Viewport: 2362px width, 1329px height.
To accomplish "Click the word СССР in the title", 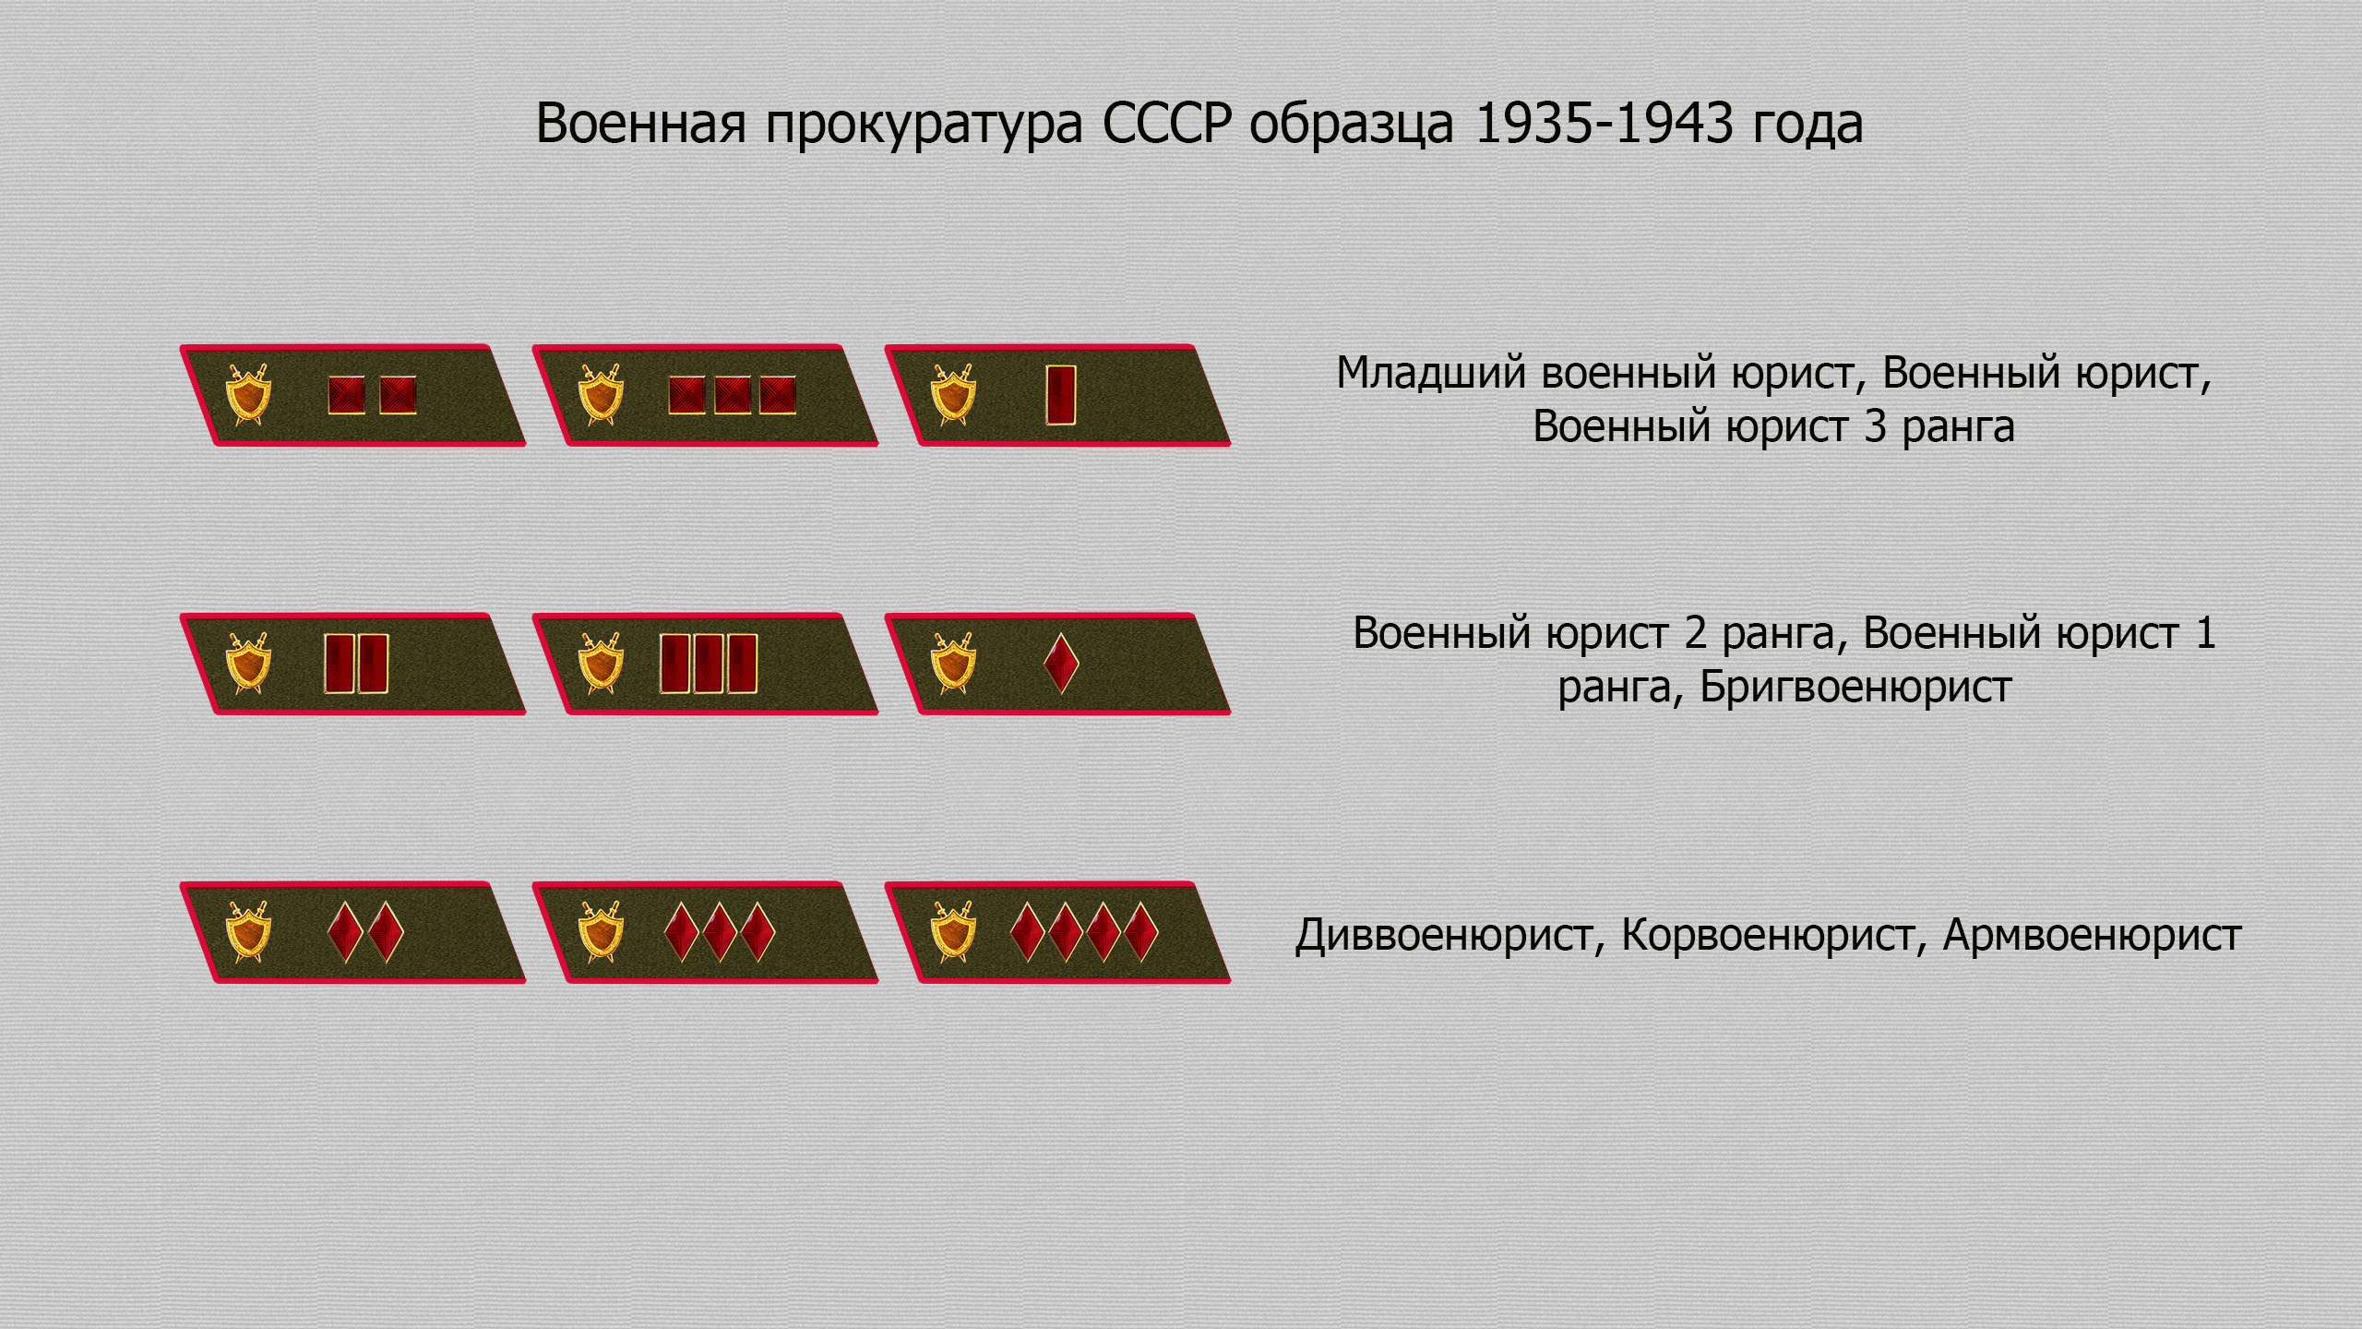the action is [1167, 123].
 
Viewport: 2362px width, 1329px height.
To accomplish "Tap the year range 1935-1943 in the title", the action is [1604, 123].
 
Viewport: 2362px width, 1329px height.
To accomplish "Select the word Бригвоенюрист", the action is [1855, 687].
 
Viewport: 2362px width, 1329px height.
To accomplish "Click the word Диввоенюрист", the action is [1445, 935].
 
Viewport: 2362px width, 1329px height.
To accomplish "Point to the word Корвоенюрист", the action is [1768, 935].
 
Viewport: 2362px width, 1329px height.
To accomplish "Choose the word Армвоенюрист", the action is [2092, 935].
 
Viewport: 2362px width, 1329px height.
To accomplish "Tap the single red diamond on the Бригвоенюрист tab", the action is [1061, 663].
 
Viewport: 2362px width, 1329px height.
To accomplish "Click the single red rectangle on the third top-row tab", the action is [1061, 395].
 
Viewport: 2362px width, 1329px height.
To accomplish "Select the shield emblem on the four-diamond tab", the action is [953, 931].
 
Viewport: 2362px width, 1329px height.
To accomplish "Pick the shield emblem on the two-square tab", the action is [248, 394].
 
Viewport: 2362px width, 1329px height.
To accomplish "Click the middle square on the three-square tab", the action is [733, 395].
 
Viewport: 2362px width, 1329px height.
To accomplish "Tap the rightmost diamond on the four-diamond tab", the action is [1141, 932].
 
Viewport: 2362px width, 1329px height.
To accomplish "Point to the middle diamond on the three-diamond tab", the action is [720, 932].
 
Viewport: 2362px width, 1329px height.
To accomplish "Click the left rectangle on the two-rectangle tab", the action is [340, 663].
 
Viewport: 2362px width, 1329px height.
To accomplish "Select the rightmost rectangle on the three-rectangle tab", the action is [743, 663].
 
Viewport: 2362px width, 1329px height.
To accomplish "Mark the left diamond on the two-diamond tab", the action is [345, 932].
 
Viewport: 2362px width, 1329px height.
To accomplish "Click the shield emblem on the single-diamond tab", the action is [953, 663].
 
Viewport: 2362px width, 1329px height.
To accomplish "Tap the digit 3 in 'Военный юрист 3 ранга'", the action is [1875, 427].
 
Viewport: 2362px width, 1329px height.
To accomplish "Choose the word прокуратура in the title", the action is [925, 125].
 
